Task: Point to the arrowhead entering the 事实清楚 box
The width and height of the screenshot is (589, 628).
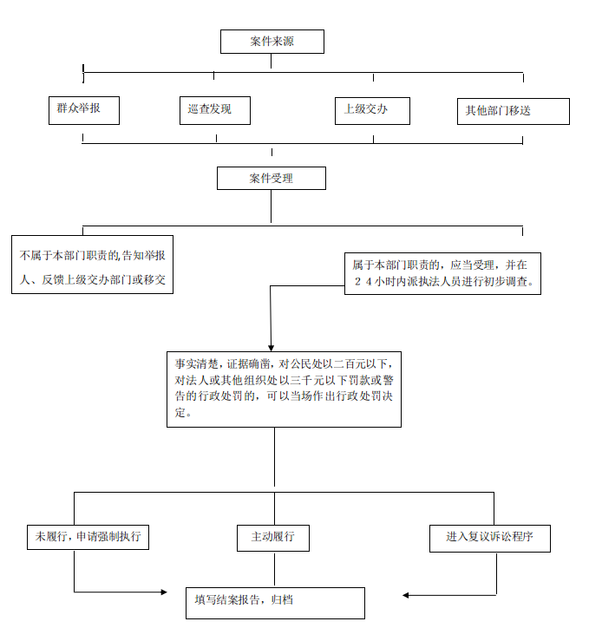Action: pos(271,348)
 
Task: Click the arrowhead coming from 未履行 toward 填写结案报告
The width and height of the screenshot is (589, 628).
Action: pos(164,592)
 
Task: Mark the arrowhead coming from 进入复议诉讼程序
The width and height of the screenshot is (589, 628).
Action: pos(406,595)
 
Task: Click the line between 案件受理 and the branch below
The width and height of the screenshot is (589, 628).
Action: pos(271,206)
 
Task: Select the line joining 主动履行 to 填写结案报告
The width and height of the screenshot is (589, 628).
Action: pos(274,569)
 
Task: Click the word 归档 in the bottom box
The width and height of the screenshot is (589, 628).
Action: pos(282,599)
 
